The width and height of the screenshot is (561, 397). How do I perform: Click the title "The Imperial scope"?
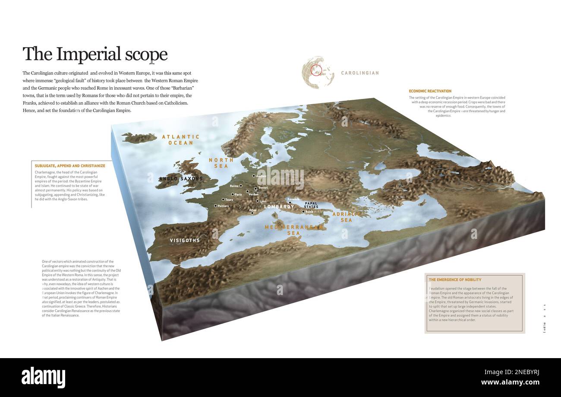(95, 54)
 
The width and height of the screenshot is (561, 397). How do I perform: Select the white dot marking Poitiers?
(216, 206)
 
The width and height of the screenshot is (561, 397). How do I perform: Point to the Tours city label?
(229, 200)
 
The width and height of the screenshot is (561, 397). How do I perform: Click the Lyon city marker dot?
(258, 201)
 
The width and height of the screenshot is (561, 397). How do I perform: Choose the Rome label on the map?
(309, 212)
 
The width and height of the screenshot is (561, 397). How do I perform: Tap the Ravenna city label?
(293, 199)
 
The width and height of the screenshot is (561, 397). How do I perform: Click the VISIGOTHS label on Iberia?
(185, 240)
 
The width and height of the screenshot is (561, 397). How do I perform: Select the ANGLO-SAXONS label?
(181, 178)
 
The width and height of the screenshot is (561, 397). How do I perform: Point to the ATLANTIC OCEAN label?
(181, 140)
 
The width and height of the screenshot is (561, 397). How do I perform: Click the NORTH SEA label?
(221, 163)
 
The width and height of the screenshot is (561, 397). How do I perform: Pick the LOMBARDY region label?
(279, 207)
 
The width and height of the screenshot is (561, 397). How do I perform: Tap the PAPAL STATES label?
(311, 205)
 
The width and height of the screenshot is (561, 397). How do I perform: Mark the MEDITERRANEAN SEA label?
(294, 230)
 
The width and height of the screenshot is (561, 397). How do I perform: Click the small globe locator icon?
(318, 72)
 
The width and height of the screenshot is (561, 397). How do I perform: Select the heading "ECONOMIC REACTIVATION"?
(430, 91)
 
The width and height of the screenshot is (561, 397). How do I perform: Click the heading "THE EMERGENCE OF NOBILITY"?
(455, 280)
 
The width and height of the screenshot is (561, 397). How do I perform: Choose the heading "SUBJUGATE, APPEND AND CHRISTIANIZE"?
(70, 166)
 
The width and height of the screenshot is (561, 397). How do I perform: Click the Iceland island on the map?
(138, 137)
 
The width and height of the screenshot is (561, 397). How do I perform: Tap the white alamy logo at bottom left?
(43, 377)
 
